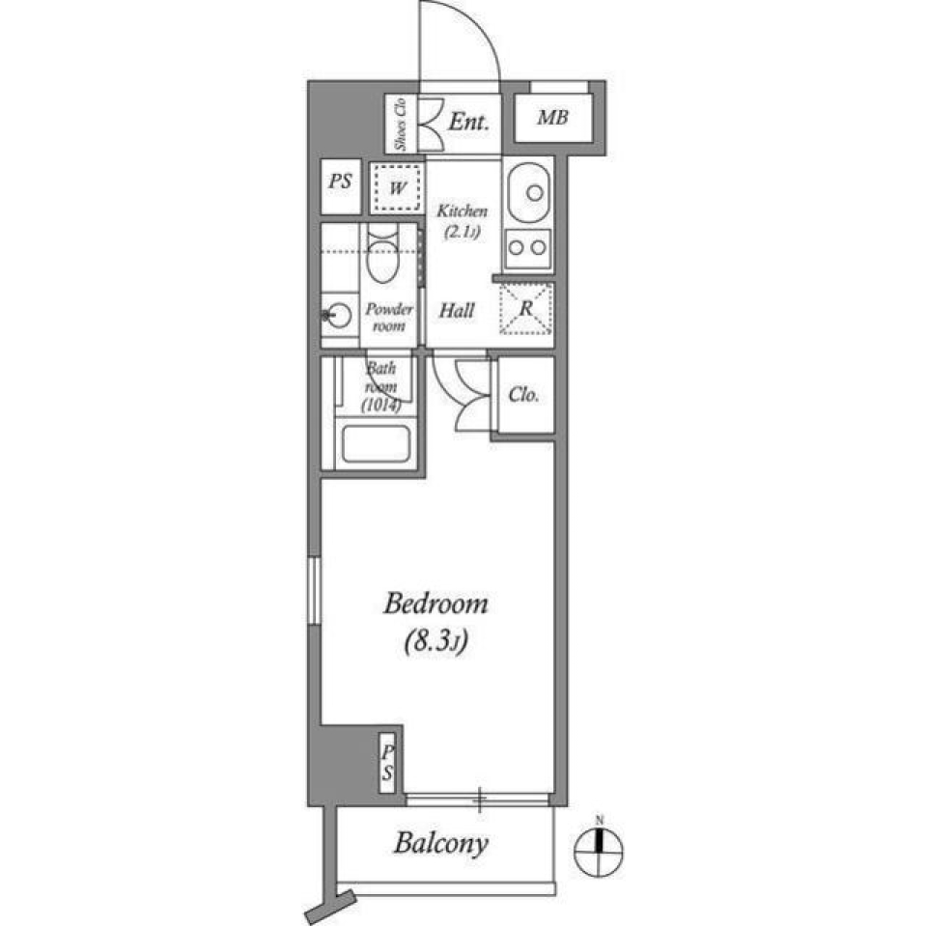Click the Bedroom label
435,605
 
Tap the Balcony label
440,844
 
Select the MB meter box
552,119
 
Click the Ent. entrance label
469,122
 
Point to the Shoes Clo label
398,123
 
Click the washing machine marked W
397,188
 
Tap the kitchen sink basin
528,188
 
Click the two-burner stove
527,246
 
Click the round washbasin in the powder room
338,314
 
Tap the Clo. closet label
523,396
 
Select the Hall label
457,311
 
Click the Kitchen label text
463,210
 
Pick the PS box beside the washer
340,181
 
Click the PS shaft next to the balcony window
387,762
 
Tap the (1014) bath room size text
381,406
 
